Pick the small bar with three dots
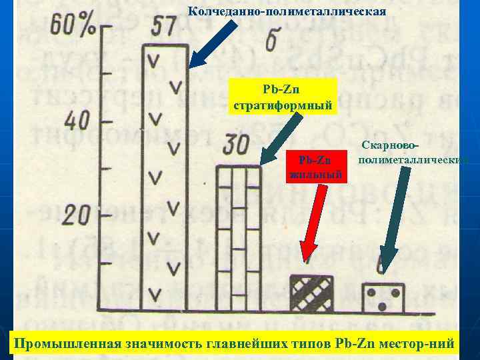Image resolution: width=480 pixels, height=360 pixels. click(383, 297)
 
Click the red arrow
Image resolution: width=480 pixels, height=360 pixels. click(314, 221)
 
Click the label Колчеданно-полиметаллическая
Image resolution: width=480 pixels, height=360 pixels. click(287, 12)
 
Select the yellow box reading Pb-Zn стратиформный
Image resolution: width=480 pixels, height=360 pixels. click(283, 97)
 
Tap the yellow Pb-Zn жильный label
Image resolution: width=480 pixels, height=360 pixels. click(315, 167)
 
